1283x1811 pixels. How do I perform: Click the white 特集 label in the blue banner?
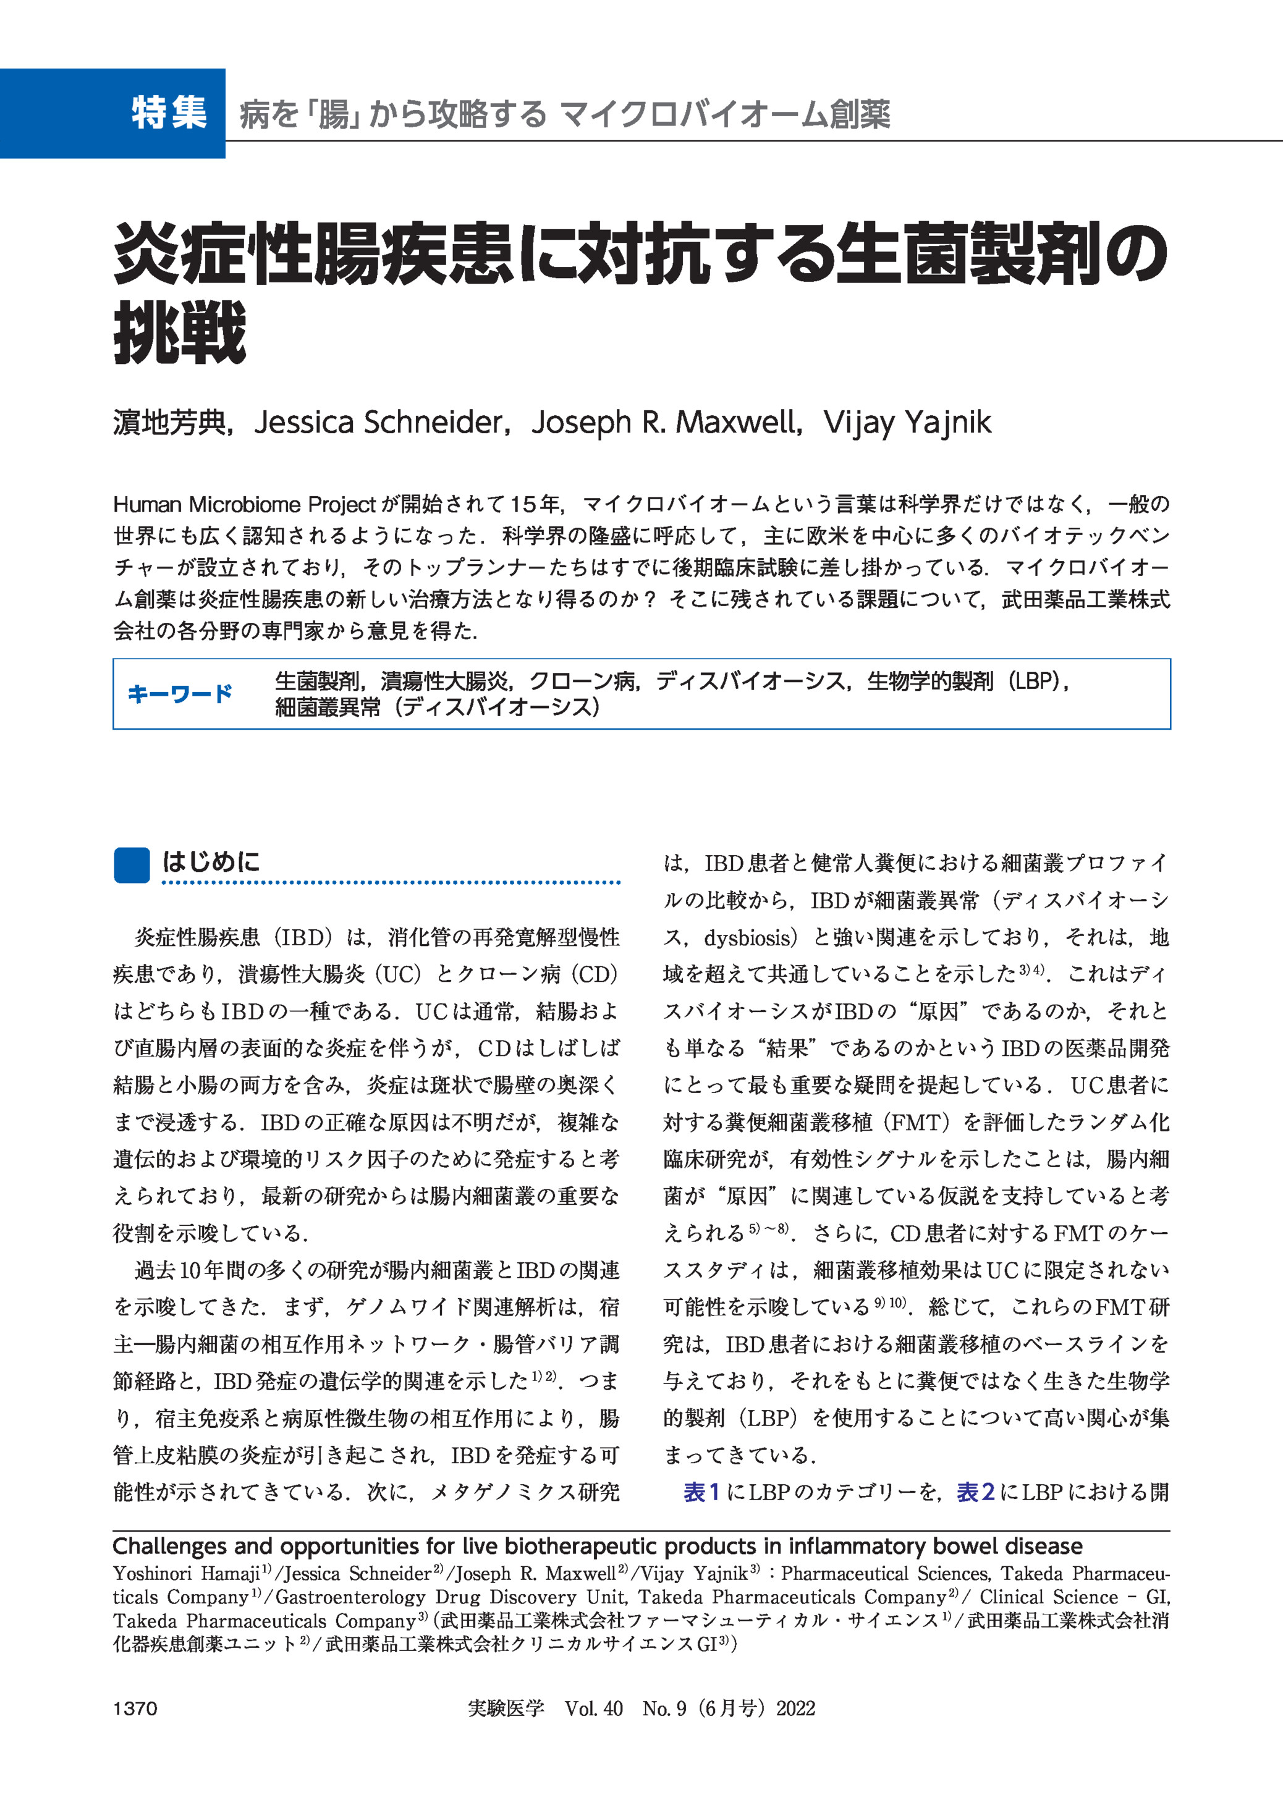point(169,112)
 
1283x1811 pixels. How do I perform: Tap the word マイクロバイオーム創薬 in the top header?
point(724,114)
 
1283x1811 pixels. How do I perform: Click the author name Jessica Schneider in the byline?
point(378,423)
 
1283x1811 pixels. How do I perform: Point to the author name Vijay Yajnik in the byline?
point(907,423)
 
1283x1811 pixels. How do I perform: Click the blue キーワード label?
point(180,693)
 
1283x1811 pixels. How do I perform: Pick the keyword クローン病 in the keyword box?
point(583,681)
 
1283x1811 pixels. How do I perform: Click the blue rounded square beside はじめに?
point(132,865)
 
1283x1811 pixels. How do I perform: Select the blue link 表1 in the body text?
point(701,1492)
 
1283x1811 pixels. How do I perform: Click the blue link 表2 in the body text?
point(975,1492)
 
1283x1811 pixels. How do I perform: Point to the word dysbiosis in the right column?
point(747,937)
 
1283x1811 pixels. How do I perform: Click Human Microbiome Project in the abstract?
point(244,505)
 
